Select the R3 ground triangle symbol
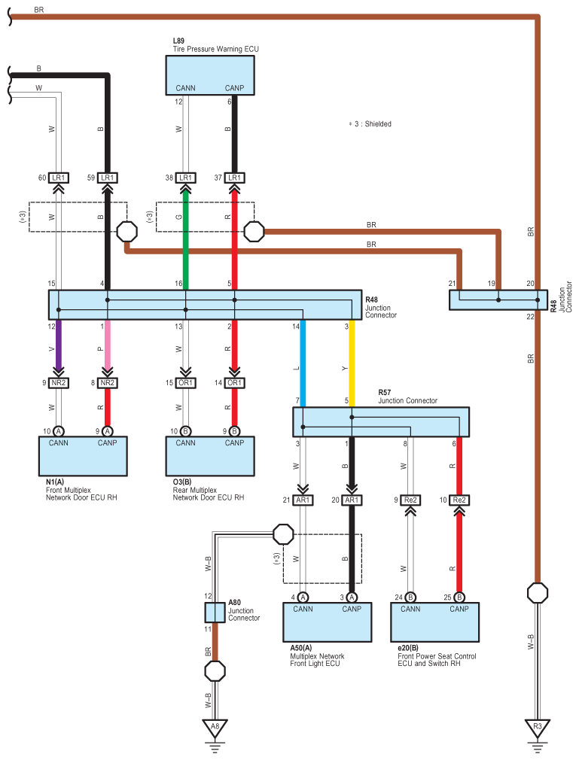pyautogui.click(x=538, y=727)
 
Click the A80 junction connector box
pyautogui.click(x=215, y=612)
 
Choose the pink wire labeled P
pyautogui.click(x=108, y=346)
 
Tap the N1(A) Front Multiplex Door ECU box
pyautogui.click(x=83, y=455)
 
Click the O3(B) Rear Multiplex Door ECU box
pyautogui.click(x=210, y=455)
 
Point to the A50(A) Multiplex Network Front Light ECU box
pyautogui.click(x=327, y=621)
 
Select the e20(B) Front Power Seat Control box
pyautogui.click(x=434, y=621)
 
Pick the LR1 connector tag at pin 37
pyautogui.click(x=235, y=178)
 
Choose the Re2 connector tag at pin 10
pyautogui.click(x=459, y=500)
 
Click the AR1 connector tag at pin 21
pyautogui.click(x=303, y=500)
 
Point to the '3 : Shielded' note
pyautogui.click(x=370, y=123)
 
